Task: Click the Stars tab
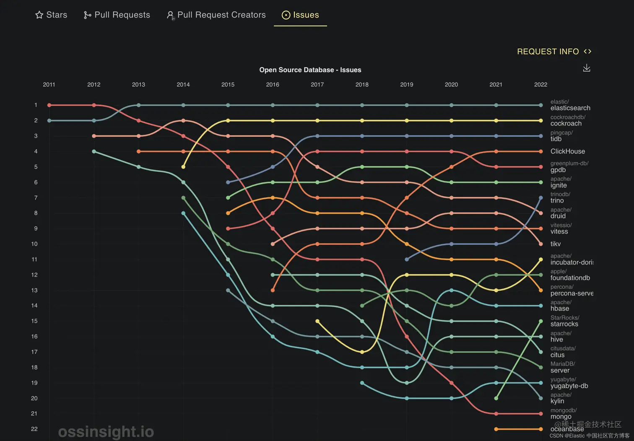[51, 15]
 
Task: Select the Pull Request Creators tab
[216, 15]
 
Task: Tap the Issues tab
[300, 15]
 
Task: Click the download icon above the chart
[587, 68]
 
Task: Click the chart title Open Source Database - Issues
[310, 70]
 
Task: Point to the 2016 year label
[273, 85]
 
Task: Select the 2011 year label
[49, 85]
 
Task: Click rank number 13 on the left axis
[34, 290]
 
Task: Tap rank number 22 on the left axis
[34, 429]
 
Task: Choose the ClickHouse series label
[567, 151]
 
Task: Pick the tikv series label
[555, 244]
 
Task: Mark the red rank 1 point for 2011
[49, 105]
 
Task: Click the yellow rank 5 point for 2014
[183, 167]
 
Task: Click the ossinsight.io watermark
[106, 431]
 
